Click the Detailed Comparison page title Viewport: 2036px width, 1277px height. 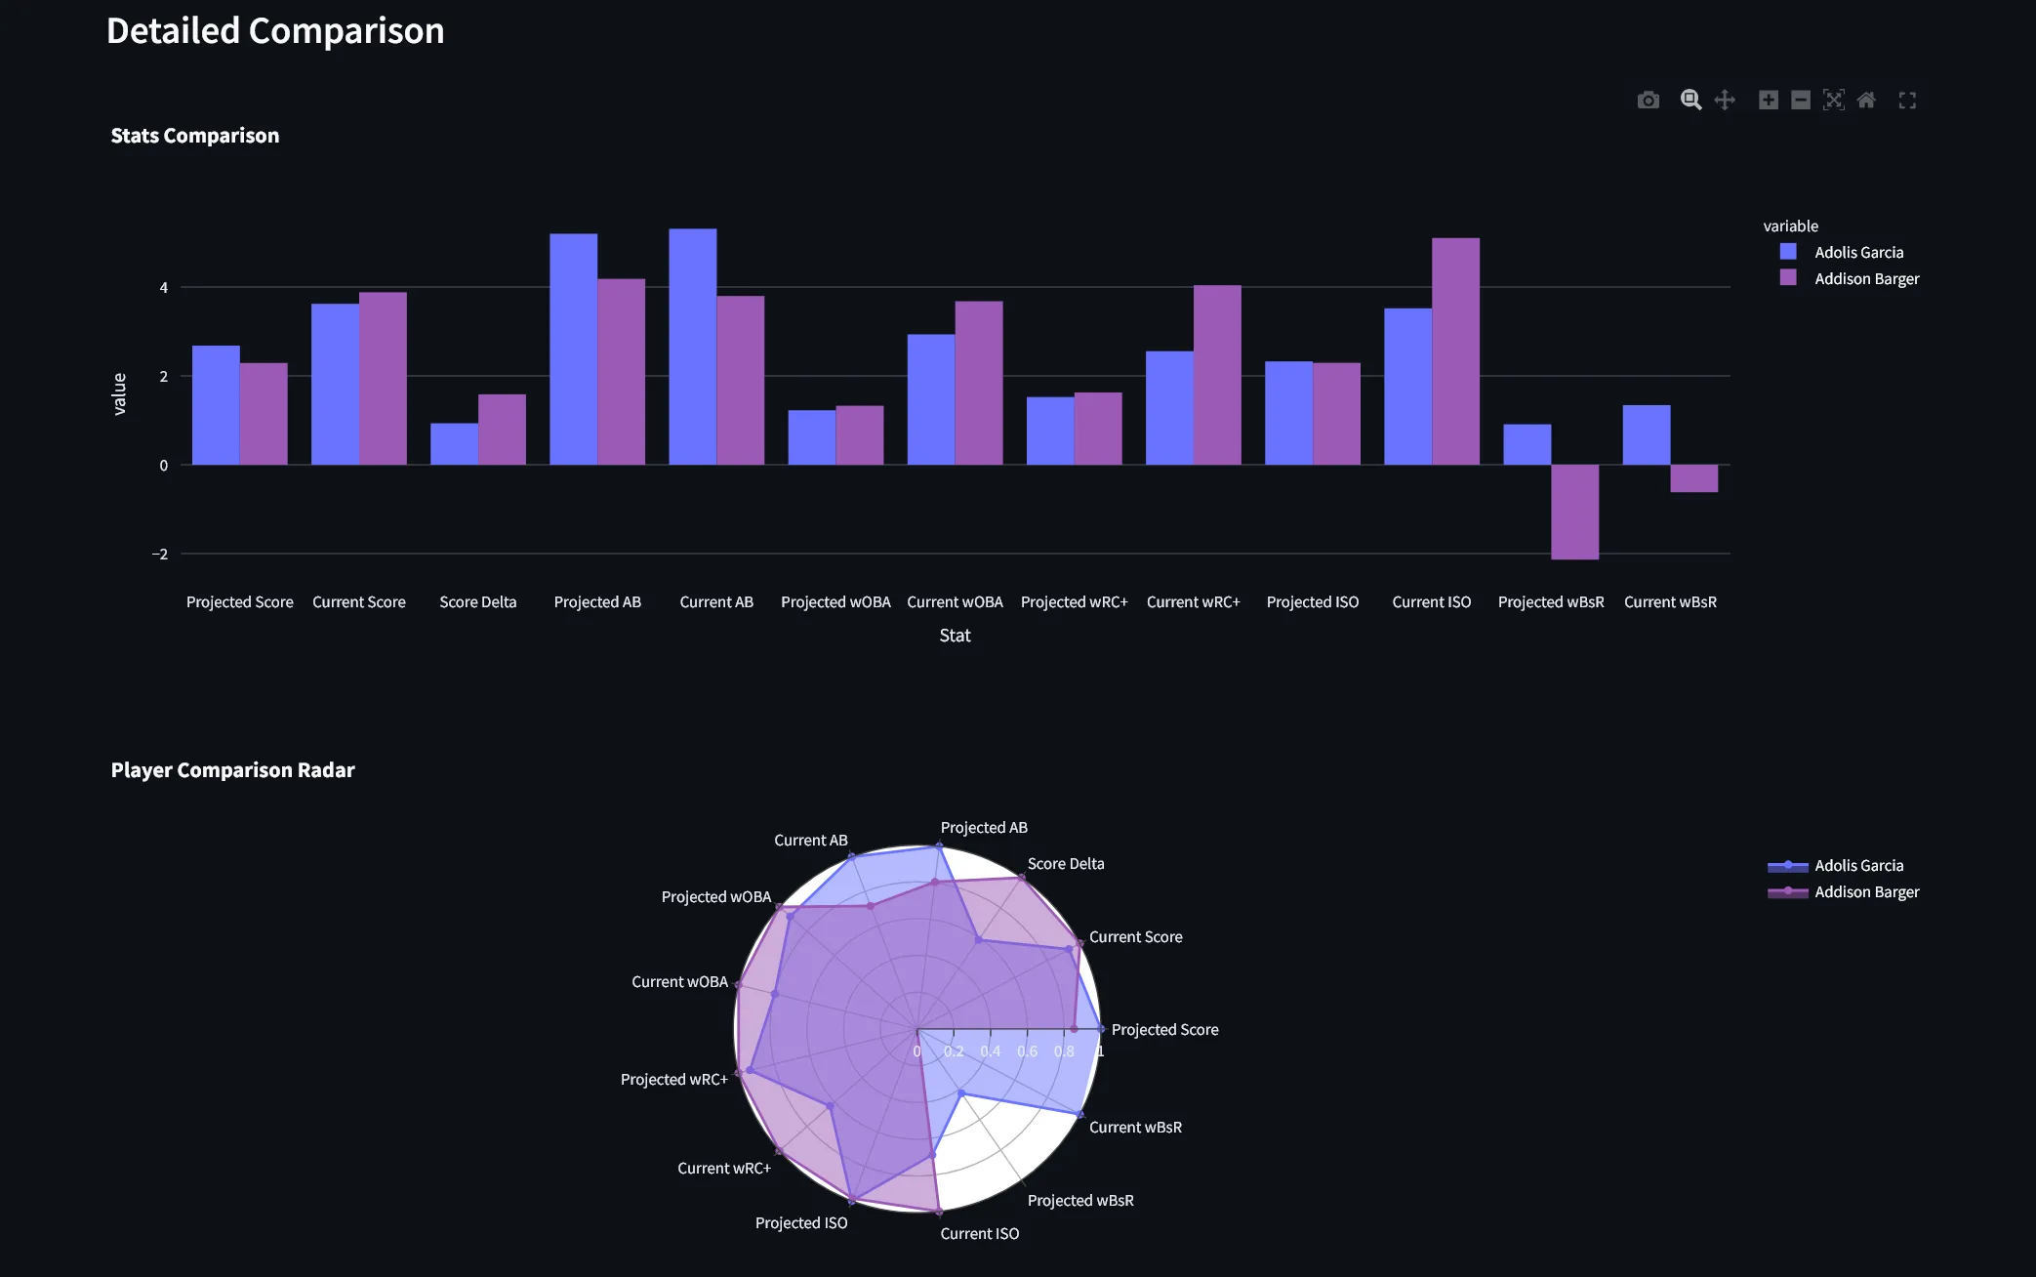[275, 31]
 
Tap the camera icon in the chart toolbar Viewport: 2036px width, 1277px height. [1648, 101]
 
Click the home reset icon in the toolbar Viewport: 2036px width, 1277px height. [1866, 101]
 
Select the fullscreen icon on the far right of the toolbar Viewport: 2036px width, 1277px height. [1907, 101]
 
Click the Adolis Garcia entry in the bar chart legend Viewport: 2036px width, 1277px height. [1857, 252]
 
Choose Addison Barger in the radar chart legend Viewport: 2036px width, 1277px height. [1865, 892]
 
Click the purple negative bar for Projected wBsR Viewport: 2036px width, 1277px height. [1574, 512]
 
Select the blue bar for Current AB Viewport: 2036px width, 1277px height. [692, 347]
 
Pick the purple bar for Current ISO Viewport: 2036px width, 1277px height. [1455, 351]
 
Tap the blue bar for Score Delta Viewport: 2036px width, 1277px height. [454, 444]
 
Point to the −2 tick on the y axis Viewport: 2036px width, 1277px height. [160, 555]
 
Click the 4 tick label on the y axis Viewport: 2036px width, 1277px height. [164, 288]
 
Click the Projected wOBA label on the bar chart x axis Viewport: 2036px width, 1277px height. [835, 602]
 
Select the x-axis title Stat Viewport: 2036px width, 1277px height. [955, 636]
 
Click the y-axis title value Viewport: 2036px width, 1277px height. [119, 394]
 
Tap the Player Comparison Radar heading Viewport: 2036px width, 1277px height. [232, 770]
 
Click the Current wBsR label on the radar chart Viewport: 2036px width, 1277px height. [1135, 1128]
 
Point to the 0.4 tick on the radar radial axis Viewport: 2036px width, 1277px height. [990, 1051]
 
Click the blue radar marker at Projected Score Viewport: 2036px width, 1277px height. [1101, 1029]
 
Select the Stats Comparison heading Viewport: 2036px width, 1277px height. [194, 136]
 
